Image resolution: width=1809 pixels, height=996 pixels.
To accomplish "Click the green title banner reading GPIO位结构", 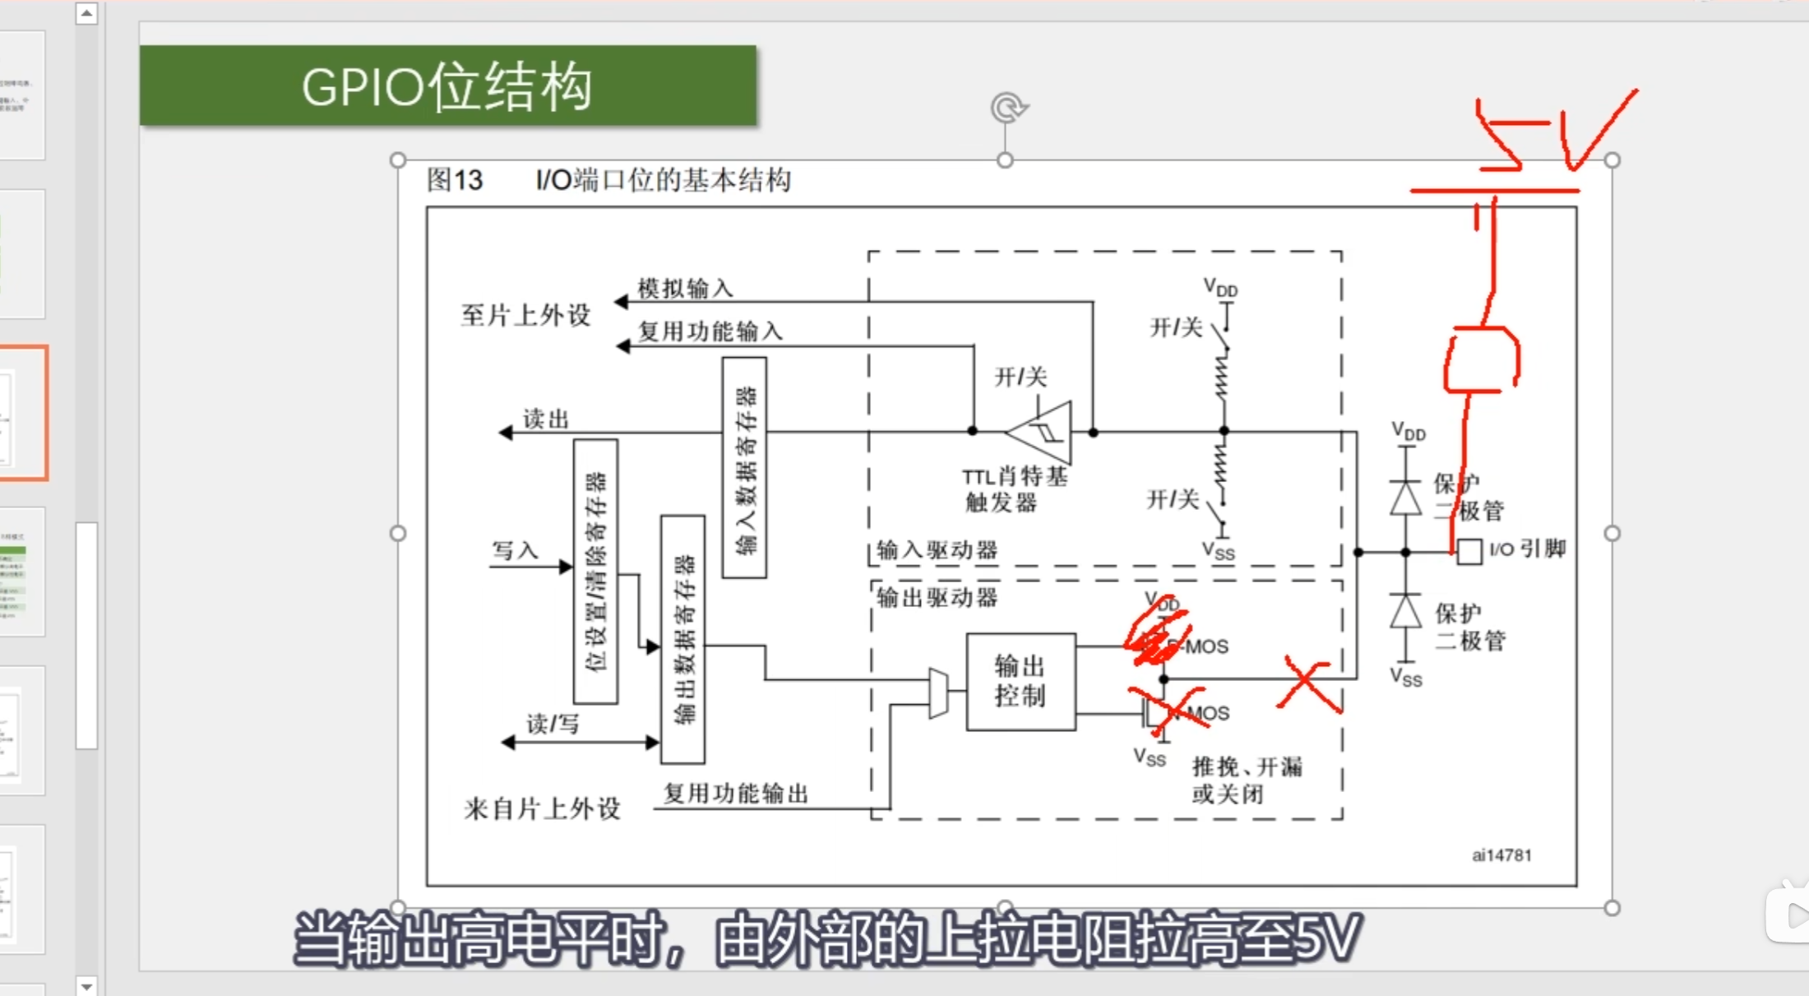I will [447, 86].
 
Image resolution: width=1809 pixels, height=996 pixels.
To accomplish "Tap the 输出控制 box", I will [1020, 681].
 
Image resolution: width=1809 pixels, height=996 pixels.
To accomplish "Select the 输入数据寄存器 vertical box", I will [744, 467].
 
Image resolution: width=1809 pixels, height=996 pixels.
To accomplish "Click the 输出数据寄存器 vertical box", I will [682, 639].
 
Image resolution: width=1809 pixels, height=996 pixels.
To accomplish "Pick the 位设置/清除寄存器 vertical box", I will [595, 571].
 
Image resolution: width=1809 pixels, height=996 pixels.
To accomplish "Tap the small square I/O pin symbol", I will [1469, 551].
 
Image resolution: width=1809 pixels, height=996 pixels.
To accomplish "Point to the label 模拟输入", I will [685, 288].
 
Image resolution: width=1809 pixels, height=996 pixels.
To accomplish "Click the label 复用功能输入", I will [710, 331].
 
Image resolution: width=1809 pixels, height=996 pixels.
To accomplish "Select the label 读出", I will [546, 419].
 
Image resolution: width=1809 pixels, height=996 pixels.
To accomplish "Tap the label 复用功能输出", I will [735, 793].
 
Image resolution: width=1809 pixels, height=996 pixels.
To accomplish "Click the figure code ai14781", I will [1501, 855].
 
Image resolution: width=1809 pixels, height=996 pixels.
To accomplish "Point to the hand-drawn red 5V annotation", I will [1546, 132].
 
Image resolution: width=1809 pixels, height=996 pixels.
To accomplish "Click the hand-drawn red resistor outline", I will [1482, 359].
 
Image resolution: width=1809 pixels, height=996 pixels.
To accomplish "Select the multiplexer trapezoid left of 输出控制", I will [937, 693].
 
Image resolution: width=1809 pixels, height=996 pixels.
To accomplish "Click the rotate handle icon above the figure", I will [1008, 108].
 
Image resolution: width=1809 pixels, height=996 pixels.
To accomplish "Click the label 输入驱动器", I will [937, 549].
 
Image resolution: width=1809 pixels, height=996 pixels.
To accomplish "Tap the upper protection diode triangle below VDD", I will [1406, 498].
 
